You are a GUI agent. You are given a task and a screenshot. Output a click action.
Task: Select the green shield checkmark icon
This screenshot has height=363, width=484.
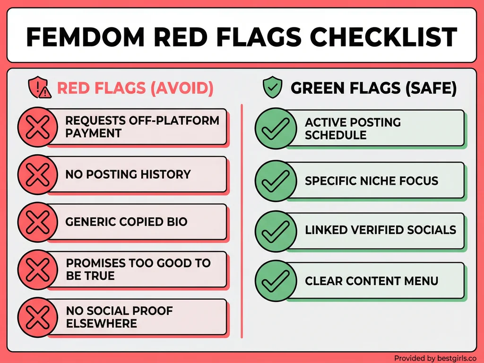(x=272, y=88)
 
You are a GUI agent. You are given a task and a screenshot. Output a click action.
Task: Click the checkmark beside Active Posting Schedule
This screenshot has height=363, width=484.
(x=273, y=129)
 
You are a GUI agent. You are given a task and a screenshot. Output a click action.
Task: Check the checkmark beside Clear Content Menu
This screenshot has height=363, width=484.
(x=273, y=281)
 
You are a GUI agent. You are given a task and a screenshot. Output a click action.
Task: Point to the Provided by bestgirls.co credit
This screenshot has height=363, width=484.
(x=435, y=358)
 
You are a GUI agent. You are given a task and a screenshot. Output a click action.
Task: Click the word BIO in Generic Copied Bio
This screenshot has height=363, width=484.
(x=177, y=222)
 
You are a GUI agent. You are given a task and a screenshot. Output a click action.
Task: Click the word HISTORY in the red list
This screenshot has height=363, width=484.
(x=165, y=174)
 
